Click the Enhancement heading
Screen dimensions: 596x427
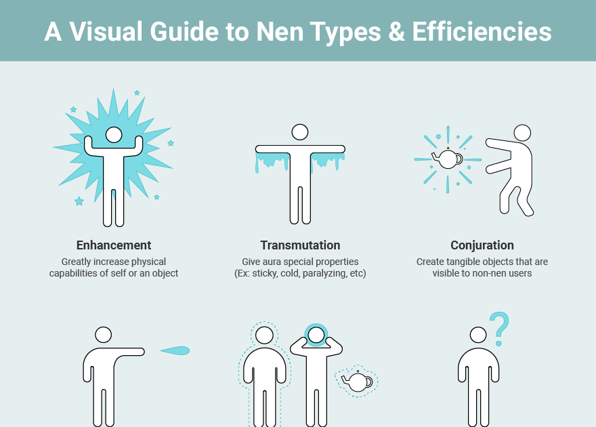[x=114, y=245]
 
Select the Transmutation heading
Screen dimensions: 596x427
[x=300, y=245]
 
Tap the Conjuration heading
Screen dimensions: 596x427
[x=482, y=245]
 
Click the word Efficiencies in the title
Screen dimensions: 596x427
[x=482, y=31]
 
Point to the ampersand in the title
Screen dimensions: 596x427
[x=396, y=32]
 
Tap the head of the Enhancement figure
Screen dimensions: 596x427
[x=114, y=135]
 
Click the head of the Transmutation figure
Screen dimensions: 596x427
[x=300, y=132]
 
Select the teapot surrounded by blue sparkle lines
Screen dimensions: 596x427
[x=448, y=158]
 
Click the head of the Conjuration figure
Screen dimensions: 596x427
[x=522, y=133]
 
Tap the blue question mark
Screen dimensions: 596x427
[x=499, y=329]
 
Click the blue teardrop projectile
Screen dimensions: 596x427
[x=175, y=350]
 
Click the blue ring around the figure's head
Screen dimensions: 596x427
[x=316, y=325]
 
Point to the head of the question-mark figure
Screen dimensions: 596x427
[x=478, y=335]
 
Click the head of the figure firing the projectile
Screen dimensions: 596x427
[x=103, y=335]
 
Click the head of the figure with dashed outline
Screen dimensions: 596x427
[x=264, y=335]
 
